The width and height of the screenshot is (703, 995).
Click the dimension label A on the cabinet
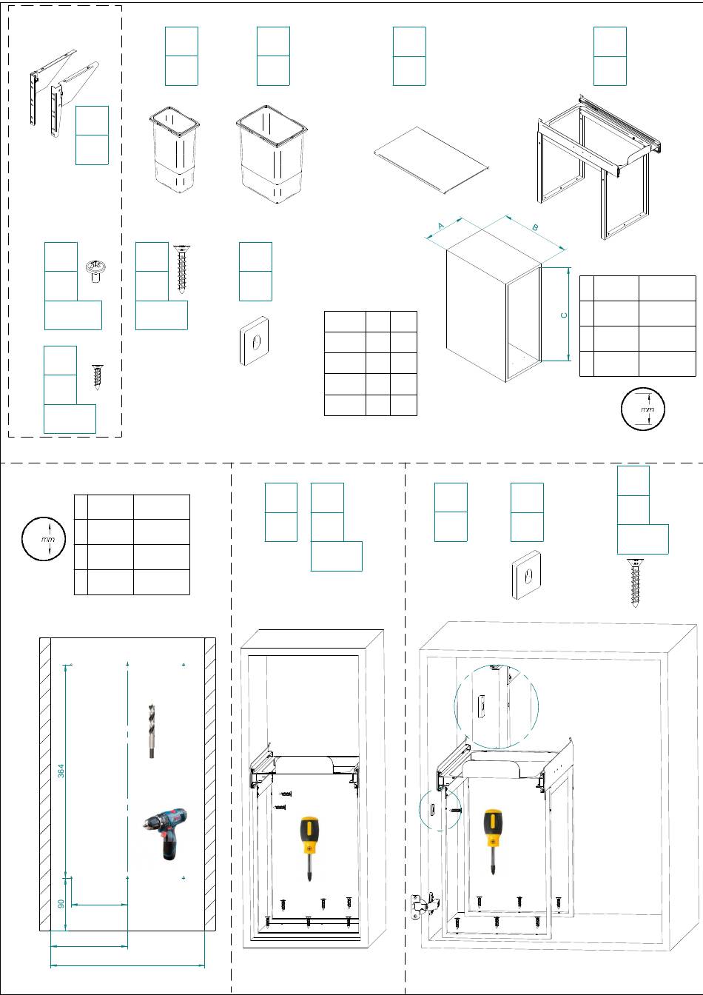point(440,226)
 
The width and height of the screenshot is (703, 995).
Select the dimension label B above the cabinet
point(535,227)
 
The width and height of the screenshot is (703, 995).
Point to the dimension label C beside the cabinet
point(564,315)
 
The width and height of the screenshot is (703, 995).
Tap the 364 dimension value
point(61,771)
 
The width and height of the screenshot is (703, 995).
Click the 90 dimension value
point(61,903)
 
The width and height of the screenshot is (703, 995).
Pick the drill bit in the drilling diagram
point(152,731)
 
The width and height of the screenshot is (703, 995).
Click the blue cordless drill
point(166,833)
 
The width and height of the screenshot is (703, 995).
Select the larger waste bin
point(271,154)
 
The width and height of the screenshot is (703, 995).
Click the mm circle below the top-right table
point(642,408)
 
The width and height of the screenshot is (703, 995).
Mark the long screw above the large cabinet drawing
point(635,583)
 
